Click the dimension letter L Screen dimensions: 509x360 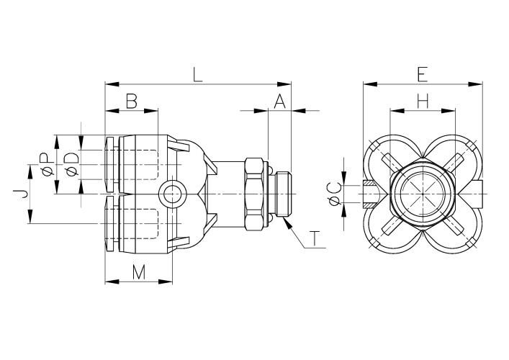point(198,75)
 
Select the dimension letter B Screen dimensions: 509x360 point(132,101)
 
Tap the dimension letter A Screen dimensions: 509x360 point(279,101)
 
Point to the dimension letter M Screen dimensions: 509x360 point(139,272)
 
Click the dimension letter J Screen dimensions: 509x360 point(20,194)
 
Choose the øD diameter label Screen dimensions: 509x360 point(72,164)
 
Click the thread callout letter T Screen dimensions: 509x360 point(315,238)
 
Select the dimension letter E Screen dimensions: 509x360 point(422,75)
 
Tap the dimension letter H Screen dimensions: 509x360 point(423,101)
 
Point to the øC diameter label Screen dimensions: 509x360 point(335,194)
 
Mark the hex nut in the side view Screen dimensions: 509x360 point(254,194)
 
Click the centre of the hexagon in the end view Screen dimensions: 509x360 point(423,194)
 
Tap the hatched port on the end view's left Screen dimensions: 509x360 point(369,194)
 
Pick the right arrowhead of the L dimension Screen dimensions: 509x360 point(284,84)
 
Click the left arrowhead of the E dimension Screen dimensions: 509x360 point(370,84)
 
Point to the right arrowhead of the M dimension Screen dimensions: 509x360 point(166,282)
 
